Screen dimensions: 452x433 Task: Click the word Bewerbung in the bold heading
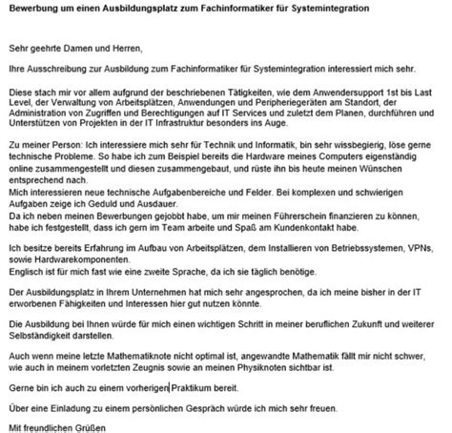(x=33, y=9)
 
